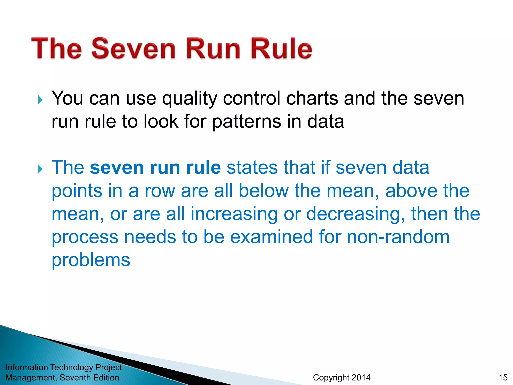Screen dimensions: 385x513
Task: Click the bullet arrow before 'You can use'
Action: pyautogui.click(x=40, y=100)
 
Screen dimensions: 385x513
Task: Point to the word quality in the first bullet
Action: pyautogui.click(x=189, y=99)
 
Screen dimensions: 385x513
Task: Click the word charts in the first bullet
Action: pyautogui.click(x=312, y=98)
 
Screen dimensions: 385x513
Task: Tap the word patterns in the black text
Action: pyautogui.click(x=246, y=122)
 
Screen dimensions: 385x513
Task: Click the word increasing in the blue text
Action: pyautogui.click(x=234, y=214)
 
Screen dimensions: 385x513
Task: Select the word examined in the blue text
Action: pyautogui.click(x=272, y=237)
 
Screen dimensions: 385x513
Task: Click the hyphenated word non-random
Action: pyautogui.click(x=398, y=237)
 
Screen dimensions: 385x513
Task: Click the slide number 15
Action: pyautogui.click(x=503, y=377)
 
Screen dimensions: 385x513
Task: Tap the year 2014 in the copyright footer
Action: pyautogui.click(x=361, y=377)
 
